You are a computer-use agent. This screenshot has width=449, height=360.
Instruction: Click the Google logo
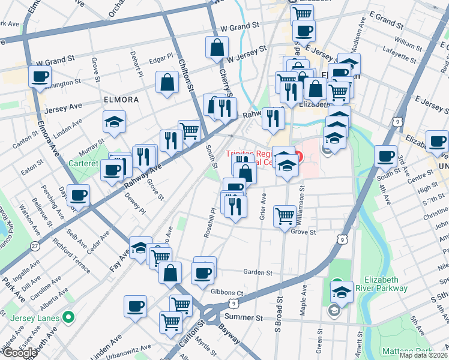point(19,353)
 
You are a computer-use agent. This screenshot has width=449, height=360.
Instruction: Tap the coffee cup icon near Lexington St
point(41,77)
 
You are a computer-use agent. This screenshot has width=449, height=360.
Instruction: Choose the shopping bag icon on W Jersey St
point(217,47)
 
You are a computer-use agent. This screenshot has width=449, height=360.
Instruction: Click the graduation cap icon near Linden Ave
point(114,122)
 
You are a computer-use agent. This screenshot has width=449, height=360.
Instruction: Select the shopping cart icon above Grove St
point(285,215)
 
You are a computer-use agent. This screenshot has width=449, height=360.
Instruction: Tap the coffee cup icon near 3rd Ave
point(385,156)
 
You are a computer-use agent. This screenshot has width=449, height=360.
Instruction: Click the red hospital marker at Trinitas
point(297,158)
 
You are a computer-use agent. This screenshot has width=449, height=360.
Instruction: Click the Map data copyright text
point(424,355)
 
